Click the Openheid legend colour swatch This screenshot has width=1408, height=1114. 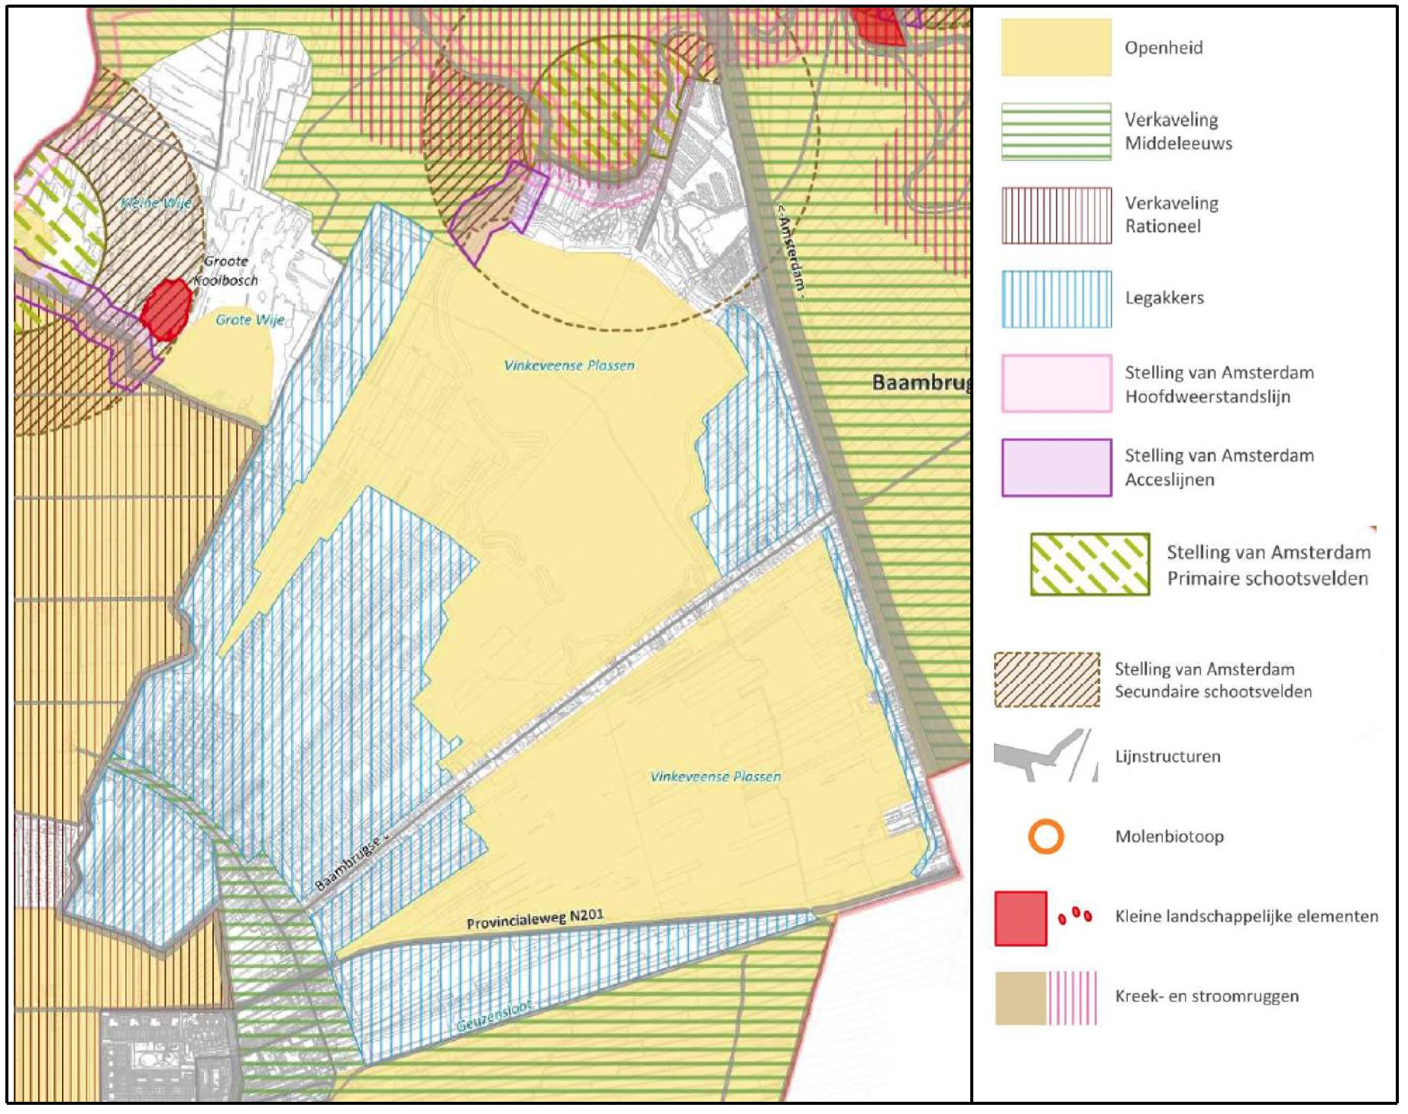(1056, 47)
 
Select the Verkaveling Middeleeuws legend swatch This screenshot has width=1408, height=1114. (1056, 131)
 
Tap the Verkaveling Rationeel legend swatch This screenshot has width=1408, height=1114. (1056, 215)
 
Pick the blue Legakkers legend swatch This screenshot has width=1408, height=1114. (1056, 299)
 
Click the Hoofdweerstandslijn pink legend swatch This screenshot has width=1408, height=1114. (1056, 383)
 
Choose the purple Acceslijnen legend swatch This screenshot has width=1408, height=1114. (1056, 467)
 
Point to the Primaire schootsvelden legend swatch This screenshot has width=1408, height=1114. (1089, 564)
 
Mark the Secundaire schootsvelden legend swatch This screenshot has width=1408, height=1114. (1047, 679)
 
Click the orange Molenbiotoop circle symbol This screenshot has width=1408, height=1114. (1046, 837)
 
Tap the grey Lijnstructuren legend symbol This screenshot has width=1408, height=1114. (1044, 756)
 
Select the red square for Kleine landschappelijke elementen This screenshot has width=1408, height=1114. (1021, 918)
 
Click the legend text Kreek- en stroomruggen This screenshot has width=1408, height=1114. (1206, 996)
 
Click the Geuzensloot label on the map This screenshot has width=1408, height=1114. (494, 1017)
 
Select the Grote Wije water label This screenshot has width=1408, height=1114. (250, 319)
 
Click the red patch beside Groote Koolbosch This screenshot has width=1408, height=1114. (166, 308)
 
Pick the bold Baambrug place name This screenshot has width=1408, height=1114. (921, 382)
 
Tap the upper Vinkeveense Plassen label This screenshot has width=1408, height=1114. (569, 365)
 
